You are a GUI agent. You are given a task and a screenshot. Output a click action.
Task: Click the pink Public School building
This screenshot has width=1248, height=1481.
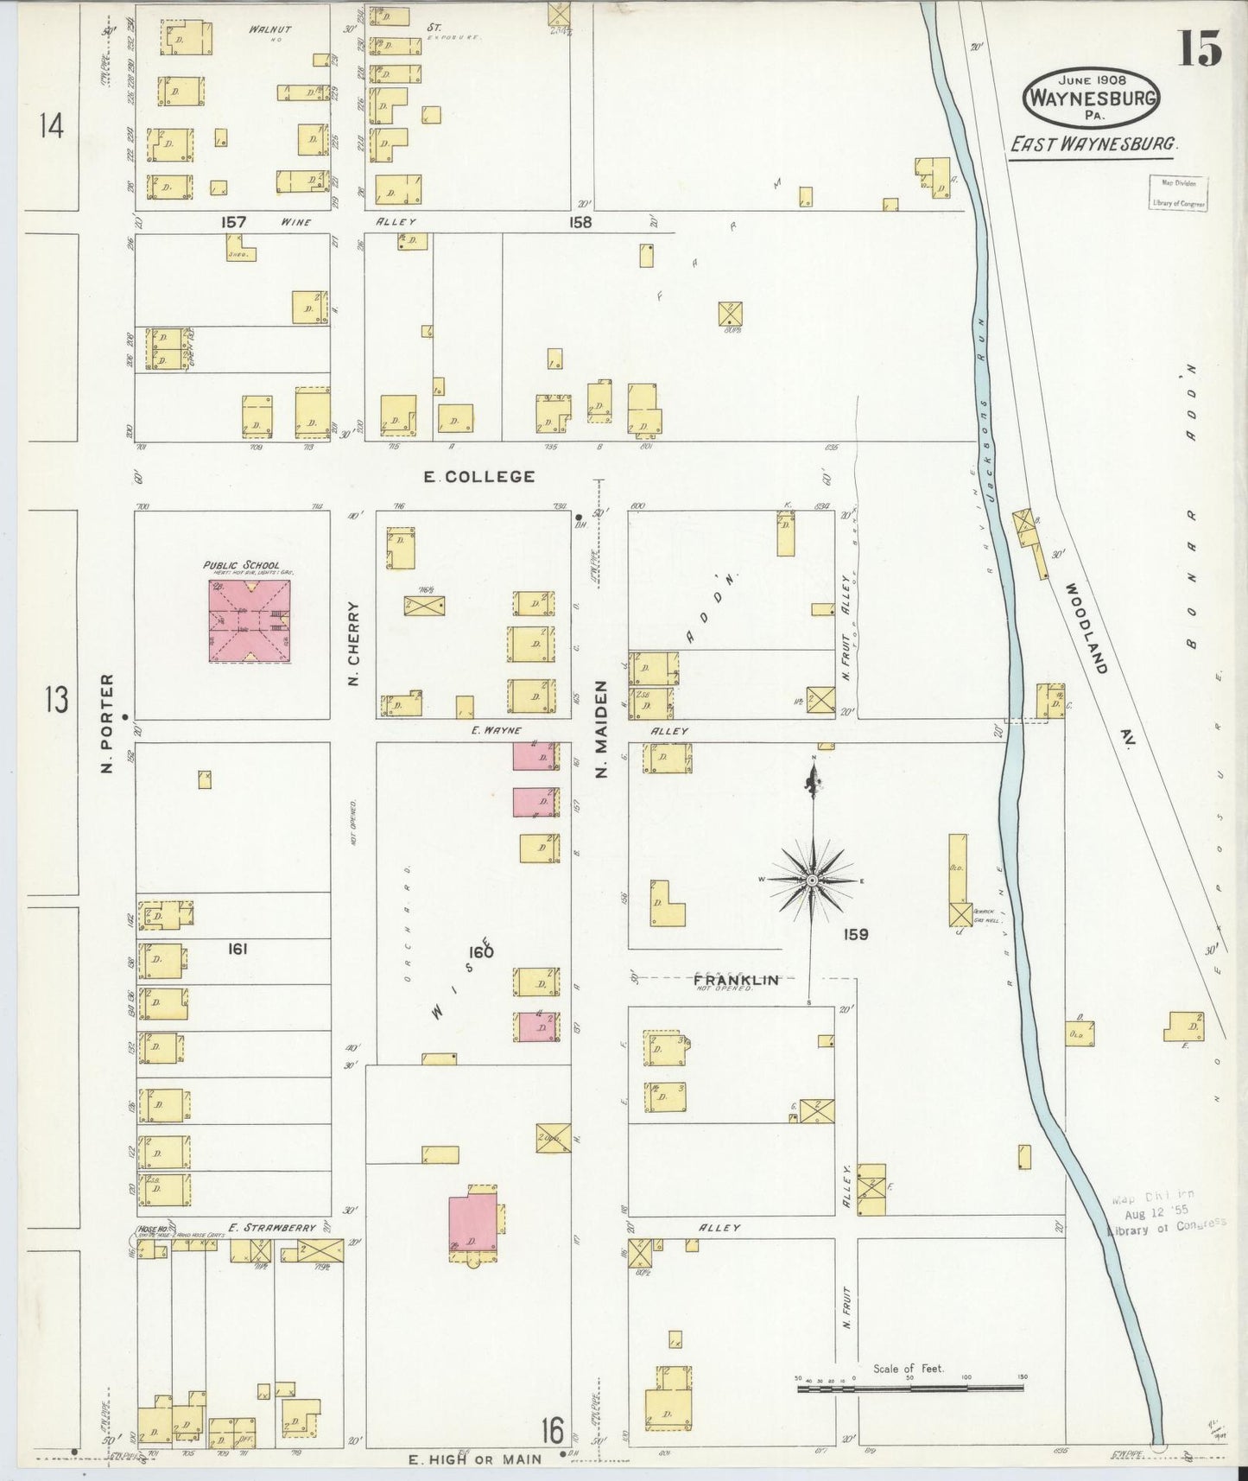click(x=249, y=621)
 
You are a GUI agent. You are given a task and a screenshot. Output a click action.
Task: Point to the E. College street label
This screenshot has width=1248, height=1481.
click(x=479, y=476)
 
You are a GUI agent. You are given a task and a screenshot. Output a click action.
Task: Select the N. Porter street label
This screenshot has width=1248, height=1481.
click(x=108, y=724)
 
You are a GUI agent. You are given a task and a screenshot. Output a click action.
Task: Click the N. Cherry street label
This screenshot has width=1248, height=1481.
click(x=353, y=644)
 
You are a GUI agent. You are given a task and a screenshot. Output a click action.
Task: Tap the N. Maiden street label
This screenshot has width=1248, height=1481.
click(x=602, y=728)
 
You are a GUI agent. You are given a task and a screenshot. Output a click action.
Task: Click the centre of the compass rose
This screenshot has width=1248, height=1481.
click(x=812, y=880)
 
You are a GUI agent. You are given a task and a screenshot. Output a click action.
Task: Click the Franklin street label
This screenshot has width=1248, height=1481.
click(x=736, y=979)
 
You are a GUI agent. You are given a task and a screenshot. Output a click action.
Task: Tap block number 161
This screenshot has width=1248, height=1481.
click(x=238, y=949)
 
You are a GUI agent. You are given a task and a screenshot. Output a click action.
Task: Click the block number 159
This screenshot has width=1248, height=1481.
click(x=856, y=934)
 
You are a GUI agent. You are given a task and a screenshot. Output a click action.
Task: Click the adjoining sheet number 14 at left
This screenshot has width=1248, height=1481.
click(x=52, y=128)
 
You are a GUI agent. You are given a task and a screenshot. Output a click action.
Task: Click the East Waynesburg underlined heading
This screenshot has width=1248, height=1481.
click(x=1093, y=144)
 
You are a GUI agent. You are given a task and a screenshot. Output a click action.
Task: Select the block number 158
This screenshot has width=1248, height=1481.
click(x=580, y=222)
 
